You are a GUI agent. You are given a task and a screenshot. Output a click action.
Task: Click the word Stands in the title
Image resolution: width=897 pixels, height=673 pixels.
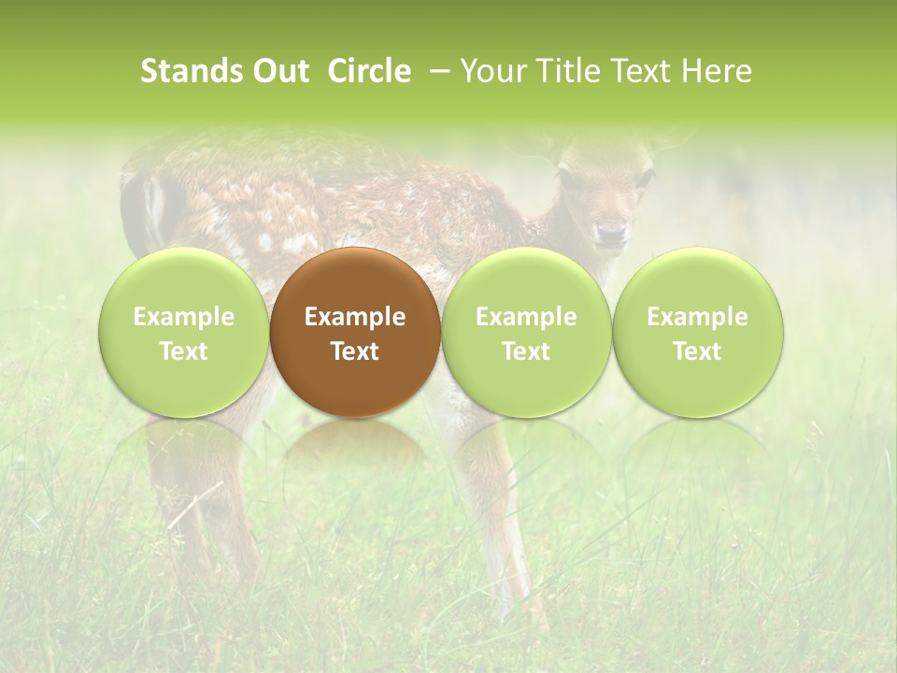(x=192, y=71)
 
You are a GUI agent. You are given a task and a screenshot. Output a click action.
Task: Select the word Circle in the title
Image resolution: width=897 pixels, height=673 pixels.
(x=369, y=71)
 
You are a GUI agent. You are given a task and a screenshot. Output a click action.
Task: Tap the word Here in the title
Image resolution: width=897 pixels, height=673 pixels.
(x=716, y=71)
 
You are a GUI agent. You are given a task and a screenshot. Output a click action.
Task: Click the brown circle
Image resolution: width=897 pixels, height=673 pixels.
(x=355, y=332)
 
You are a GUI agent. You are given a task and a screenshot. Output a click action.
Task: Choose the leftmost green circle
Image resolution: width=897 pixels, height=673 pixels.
(x=183, y=332)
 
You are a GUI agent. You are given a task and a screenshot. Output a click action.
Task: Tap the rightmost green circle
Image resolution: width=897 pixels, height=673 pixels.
(x=697, y=332)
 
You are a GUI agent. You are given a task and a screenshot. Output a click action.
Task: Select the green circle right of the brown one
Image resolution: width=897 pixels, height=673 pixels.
(x=526, y=332)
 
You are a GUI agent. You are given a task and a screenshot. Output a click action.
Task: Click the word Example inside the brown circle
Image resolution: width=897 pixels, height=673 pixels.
(x=355, y=317)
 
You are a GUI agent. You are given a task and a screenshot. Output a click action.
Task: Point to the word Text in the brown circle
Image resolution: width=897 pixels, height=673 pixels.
(x=355, y=351)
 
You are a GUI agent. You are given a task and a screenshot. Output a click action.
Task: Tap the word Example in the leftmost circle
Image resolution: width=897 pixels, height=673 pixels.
(x=183, y=317)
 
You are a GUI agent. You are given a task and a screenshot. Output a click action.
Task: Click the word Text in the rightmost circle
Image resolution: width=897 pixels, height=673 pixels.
(x=697, y=351)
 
